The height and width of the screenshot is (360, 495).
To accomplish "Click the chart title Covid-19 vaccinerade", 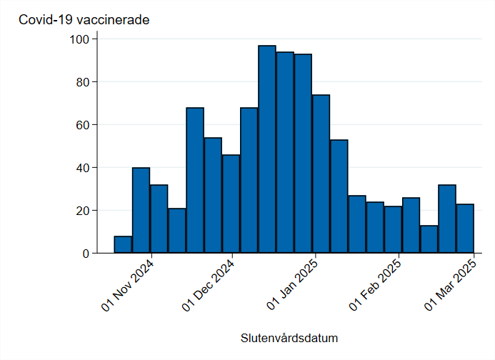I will pos(84,20).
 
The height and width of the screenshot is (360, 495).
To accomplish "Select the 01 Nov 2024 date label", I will pos(129,286).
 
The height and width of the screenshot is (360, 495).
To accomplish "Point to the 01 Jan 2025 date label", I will pos(294,286).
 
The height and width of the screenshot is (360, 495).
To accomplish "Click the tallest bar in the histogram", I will pos(267,149).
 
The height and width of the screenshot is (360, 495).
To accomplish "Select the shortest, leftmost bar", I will pos(123,245).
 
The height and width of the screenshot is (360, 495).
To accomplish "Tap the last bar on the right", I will pos(465,229).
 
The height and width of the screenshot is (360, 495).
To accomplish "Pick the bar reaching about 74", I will pos(321,174).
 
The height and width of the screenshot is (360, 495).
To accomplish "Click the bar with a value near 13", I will pos(429,239).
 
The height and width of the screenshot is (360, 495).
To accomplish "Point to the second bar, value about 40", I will pos(141,211).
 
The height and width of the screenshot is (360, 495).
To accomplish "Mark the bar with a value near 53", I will pos(339,196).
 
